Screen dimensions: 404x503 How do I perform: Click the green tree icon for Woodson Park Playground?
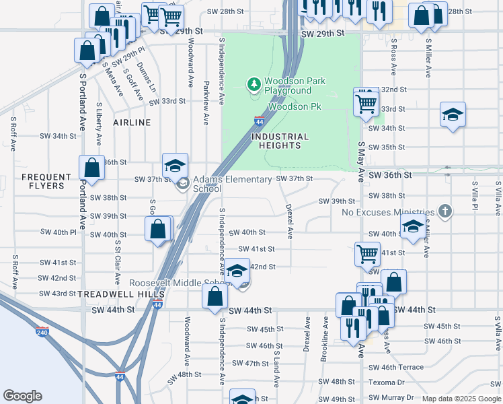[x=254, y=85]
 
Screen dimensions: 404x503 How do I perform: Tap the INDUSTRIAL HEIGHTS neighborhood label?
[x=280, y=141]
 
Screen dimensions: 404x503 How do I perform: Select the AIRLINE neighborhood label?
[x=132, y=123]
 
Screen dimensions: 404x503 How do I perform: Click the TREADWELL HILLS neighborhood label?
[x=121, y=295]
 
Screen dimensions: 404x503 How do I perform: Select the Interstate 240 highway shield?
[x=42, y=332]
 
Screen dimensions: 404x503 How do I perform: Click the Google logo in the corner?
[x=22, y=396]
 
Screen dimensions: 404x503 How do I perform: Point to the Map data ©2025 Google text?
[x=461, y=399]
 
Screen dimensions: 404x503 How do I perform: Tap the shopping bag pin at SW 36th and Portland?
[x=91, y=168]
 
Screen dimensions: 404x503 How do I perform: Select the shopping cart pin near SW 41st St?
[x=367, y=255]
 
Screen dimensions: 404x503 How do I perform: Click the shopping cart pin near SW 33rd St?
[x=366, y=104]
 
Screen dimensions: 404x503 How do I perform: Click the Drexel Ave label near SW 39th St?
[x=289, y=222]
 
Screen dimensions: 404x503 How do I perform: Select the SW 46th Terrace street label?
[x=396, y=367]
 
